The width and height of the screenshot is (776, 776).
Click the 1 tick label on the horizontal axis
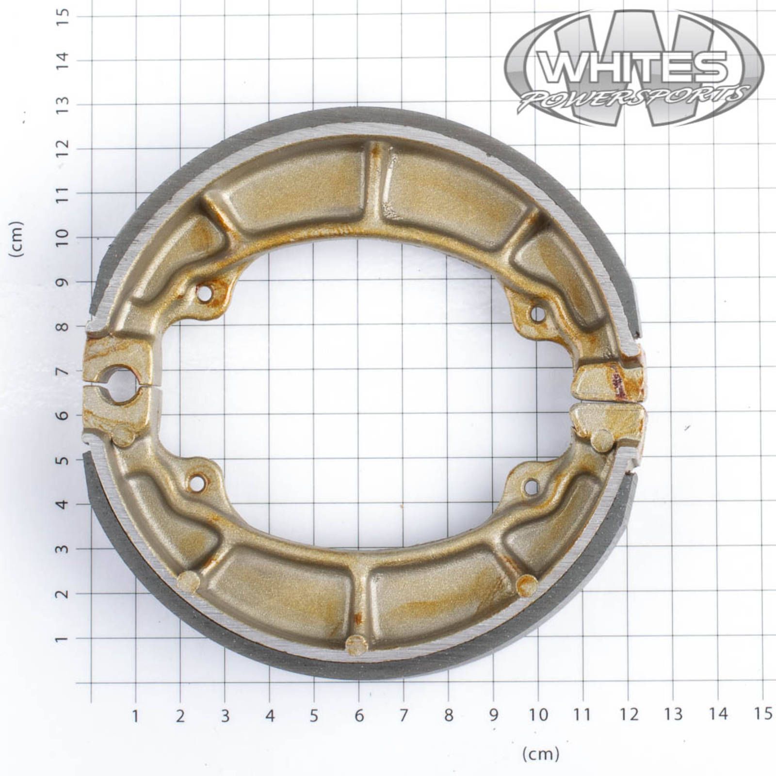click(x=135, y=715)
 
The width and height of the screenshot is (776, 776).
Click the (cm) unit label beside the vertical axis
click(x=17, y=239)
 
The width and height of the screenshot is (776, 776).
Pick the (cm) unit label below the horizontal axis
click(x=540, y=754)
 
